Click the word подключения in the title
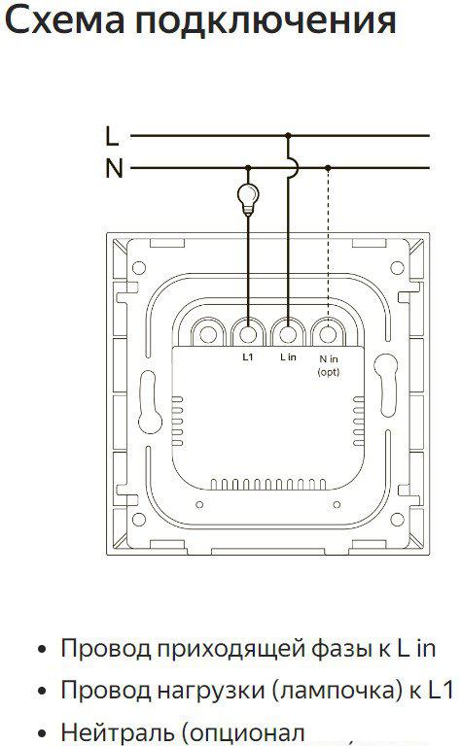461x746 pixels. click(x=266, y=21)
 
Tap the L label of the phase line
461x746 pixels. click(x=112, y=136)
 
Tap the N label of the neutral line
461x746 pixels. click(x=115, y=168)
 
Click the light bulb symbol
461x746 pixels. click(x=248, y=197)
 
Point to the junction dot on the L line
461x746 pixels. click(x=288, y=136)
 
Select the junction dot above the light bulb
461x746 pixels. click(x=248, y=167)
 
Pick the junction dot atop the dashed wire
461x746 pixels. click(x=328, y=167)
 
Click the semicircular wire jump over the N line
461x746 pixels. click(x=297, y=167)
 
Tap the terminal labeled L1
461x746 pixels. click(x=248, y=334)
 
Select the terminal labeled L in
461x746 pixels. click(x=288, y=334)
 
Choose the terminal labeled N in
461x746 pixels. click(x=328, y=334)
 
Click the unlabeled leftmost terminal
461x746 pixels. click(x=208, y=334)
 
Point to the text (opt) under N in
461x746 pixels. click(x=329, y=372)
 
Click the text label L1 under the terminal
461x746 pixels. click(x=248, y=357)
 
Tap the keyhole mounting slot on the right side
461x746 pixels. click(x=386, y=385)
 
